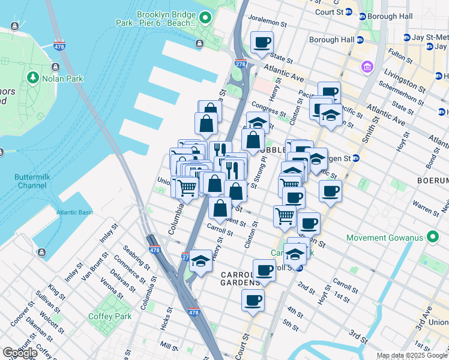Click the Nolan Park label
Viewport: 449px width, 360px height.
click(x=62, y=78)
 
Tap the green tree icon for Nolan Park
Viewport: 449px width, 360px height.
click(x=32, y=78)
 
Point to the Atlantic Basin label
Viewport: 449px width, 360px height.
click(x=75, y=212)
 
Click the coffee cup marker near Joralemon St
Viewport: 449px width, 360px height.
click(x=262, y=43)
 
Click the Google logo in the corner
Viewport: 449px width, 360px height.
click(x=20, y=353)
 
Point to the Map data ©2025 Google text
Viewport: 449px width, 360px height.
click(x=412, y=356)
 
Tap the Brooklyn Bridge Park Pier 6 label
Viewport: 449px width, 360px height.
click(x=157, y=18)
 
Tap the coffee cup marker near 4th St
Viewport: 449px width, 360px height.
click(x=253, y=299)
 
